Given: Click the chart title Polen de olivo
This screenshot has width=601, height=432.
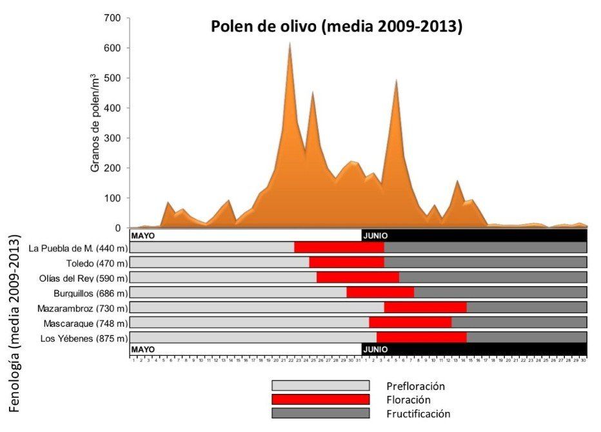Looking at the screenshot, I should point(337,27).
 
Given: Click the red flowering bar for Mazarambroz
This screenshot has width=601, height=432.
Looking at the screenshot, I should point(425,307).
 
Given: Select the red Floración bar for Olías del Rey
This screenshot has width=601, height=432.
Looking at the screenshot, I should point(358,278).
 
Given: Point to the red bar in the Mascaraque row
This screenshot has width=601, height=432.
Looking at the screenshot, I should point(410,322).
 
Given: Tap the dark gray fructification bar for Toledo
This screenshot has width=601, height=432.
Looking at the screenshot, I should point(485,262).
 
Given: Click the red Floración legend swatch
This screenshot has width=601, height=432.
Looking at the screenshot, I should point(320,400).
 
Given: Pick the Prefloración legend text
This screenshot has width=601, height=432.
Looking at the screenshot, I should point(415,386).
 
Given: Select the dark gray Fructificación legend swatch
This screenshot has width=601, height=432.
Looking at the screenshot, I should point(320,413).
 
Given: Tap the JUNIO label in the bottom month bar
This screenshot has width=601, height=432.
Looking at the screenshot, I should point(375,349).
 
